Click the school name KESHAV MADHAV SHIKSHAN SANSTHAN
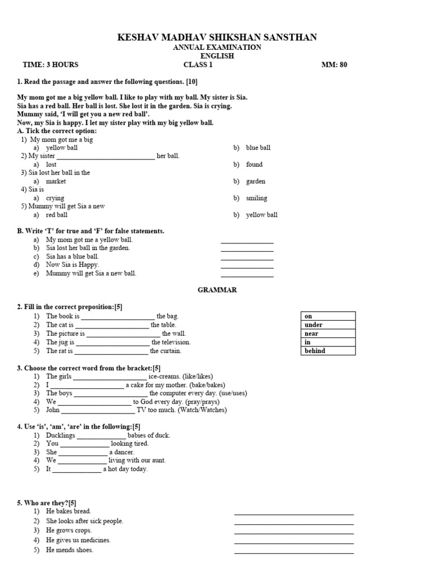[217, 37]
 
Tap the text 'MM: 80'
[334, 64]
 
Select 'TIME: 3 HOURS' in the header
[50, 64]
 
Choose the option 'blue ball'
[258, 148]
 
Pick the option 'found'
[254, 165]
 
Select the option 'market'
[55, 181]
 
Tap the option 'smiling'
[256, 198]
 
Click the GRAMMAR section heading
[217, 290]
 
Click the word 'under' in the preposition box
[314, 325]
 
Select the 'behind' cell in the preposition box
[315, 351]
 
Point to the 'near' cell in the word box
[311, 334]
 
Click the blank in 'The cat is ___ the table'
[111, 325]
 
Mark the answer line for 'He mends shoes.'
[293, 551]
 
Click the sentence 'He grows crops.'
[69, 530]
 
